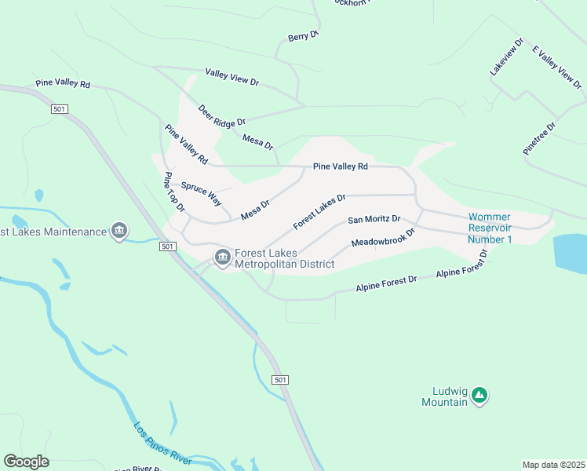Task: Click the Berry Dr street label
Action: [x=303, y=36]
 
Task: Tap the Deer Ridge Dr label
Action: [x=222, y=115]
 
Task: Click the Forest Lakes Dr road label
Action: [x=319, y=213]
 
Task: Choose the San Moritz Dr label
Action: [x=374, y=219]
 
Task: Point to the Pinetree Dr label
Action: [x=540, y=137]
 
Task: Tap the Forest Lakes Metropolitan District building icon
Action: [x=222, y=257]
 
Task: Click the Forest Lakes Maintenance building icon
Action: [x=119, y=231]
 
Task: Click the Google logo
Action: [x=26, y=461]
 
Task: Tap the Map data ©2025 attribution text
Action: [x=552, y=465]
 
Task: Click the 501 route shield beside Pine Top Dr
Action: [x=166, y=246]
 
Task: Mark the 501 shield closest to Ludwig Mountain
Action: [x=281, y=380]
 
